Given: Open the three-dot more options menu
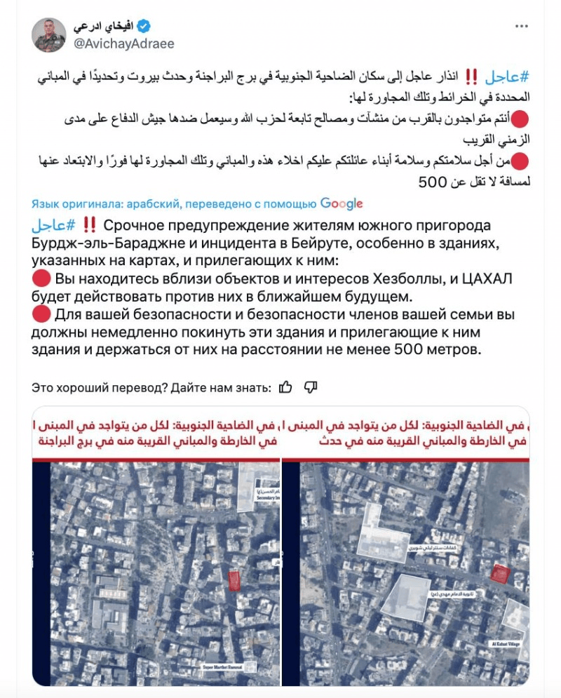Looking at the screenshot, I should pyautogui.click(x=521, y=27).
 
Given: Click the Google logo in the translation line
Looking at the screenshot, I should pyautogui.click(x=342, y=204).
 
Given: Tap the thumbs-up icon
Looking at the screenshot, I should pyautogui.click(x=285, y=387).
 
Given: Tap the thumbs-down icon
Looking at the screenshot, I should pyautogui.click(x=311, y=387).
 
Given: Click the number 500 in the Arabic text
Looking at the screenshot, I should pyautogui.click(x=432, y=182).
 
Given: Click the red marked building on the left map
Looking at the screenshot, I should pyautogui.click(x=235, y=579).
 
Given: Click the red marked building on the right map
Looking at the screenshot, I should pyautogui.click(x=499, y=575).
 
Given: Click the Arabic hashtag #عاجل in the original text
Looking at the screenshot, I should pyautogui.click(x=504, y=76).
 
